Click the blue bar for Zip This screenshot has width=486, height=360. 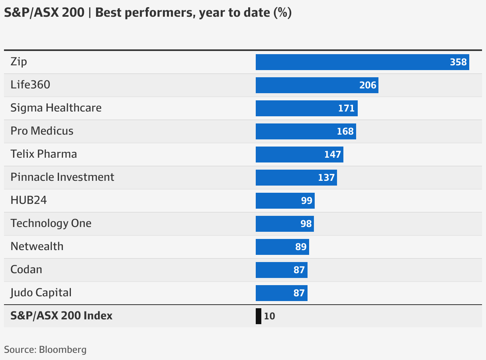[x=351, y=62]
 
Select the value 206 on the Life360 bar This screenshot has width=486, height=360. [x=368, y=85]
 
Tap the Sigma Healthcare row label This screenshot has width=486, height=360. [x=56, y=108]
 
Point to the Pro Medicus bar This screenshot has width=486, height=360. [x=295, y=131]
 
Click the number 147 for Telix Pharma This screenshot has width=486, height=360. [x=333, y=155]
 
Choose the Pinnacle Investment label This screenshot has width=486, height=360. [x=63, y=177]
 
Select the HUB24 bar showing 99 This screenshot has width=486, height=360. [x=279, y=201]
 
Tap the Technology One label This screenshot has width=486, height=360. [x=51, y=223]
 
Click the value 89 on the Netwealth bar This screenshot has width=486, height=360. [x=301, y=247]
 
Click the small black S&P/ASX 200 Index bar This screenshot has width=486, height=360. [x=259, y=316]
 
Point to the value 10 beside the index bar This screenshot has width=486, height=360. [x=269, y=316]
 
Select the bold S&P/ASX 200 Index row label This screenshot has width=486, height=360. [x=62, y=316]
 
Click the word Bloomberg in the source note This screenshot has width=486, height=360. [x=63, y=350]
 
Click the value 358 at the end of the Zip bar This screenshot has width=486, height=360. [x=458, y=62]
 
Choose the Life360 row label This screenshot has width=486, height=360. [x=31, y=85]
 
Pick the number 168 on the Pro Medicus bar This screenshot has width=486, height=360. [x=345, y=131]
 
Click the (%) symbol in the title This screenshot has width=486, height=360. [x=282, y=13]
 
